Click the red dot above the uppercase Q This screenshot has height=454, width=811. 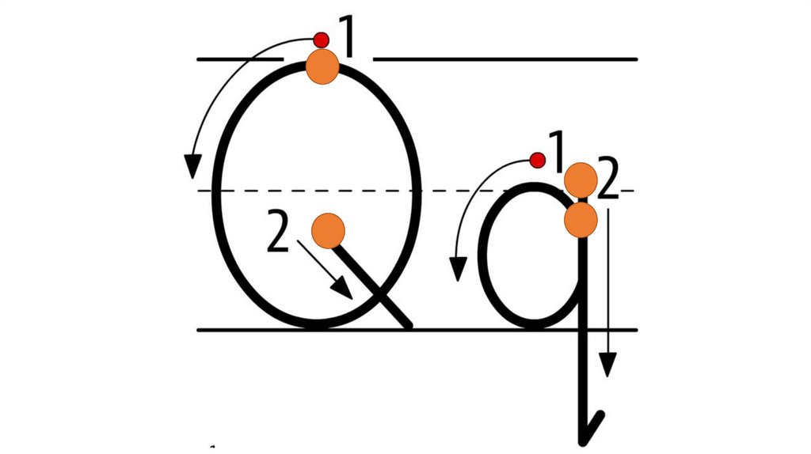321,39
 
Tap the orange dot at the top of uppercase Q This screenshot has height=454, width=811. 322,66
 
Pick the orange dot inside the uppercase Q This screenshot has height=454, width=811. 328,231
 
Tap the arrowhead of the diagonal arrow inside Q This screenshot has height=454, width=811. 344,289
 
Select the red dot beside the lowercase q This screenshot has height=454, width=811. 538,161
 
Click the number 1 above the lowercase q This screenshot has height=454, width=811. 557,153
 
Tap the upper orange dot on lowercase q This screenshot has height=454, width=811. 581,179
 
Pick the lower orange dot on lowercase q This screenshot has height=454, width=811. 581,219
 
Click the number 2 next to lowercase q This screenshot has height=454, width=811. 607,181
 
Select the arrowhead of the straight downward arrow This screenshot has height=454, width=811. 607,365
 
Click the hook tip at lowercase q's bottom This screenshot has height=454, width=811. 600,414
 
